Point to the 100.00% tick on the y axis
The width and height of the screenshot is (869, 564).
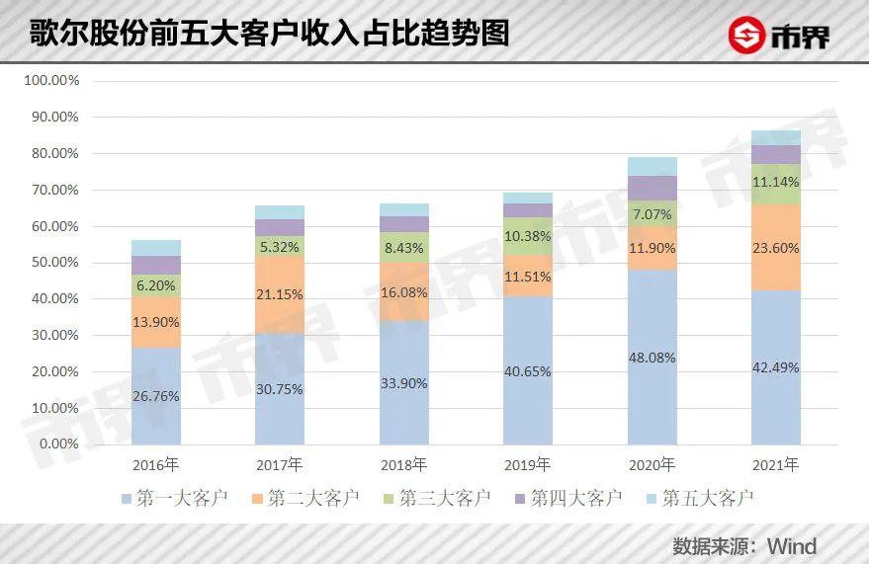click(x=51, y=81)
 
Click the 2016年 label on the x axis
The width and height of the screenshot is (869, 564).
click(x=155, y=464)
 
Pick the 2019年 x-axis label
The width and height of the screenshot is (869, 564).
click(x=528, y=464)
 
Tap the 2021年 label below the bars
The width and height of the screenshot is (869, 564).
click(x=776, y=464)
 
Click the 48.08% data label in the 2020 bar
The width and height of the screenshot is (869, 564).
click(x=652, y=358)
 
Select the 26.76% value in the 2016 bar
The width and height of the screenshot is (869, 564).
click(x=155, y=396)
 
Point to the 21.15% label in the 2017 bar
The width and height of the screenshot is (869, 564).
click(x=280, y=294)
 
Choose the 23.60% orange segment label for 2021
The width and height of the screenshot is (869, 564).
click(x=776, y=248)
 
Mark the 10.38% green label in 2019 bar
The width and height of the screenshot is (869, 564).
click(x=528, y=237)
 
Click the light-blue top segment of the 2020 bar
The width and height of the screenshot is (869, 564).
click(x=652, y=166)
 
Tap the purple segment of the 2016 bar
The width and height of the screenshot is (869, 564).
click(x=155, y=265)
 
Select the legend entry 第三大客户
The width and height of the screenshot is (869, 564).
click(x=435, y=498)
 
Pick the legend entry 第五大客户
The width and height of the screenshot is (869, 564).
click(x=697, y=498)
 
